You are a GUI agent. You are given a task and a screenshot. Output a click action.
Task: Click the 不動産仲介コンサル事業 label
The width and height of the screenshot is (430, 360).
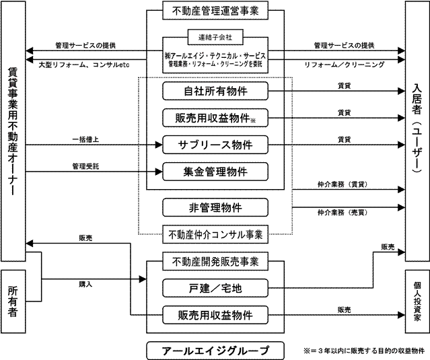(x=216, y=235)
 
